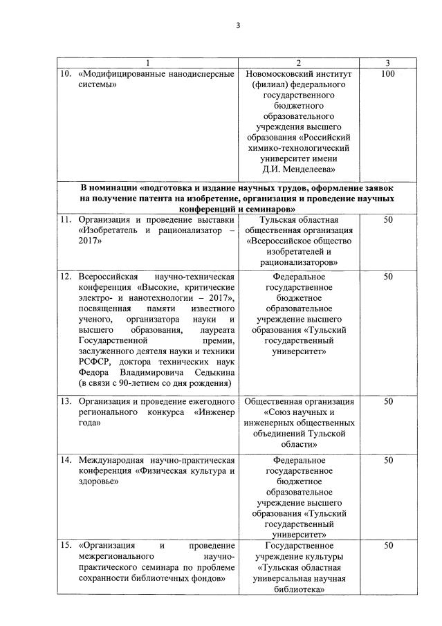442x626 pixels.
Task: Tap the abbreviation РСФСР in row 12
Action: click(x=93, y=360)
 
